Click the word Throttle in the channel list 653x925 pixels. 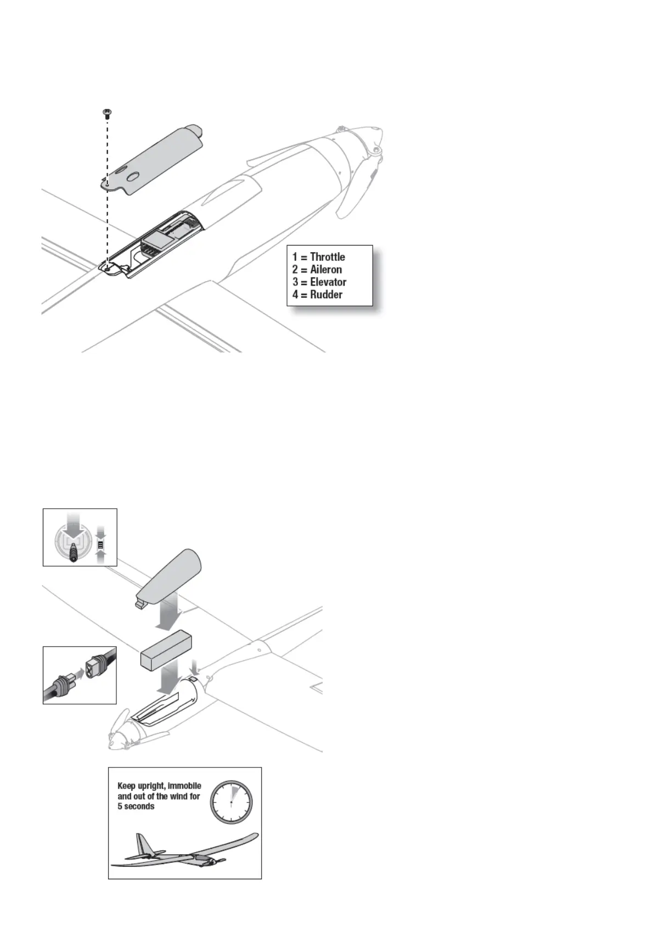pyautogui.click(x=328, y=257)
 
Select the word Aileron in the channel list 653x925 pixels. pyautogui.click(x=326, y=269)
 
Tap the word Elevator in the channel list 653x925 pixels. pyautogui.click(x=328, y=282)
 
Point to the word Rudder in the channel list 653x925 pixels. pyautogui.click(x=326, y=294)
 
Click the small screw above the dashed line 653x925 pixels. pyautogui.click(x=106, y=114)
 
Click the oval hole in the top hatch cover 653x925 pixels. pyautogui.click(x=133, y=177)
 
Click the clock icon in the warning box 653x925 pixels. pyautogui.click(x=231, y=803)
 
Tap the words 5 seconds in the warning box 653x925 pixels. pyautogui.click(x=136, y=806)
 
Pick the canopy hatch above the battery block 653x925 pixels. pyautogui.click(x=170, y=574)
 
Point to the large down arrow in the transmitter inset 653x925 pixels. pyautogui.click(x=73, y=528)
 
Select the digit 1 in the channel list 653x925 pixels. pyautogui.click(x=295, y=257)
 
